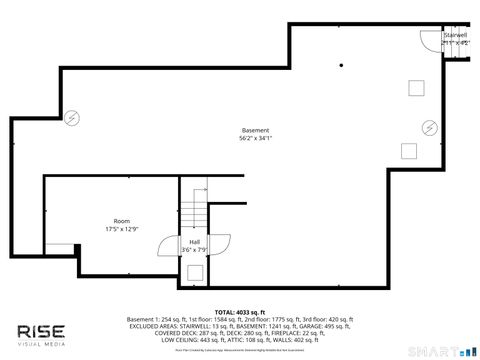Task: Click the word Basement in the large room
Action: point(255,131)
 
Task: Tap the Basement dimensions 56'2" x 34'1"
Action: point(255,139)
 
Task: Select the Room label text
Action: point(121,221)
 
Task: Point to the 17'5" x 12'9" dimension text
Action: point(121,229)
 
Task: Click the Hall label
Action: point(194,241)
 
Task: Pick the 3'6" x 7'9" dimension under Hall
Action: point(194,249)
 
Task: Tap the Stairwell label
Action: point(456,35)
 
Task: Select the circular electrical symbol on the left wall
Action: point(71,117)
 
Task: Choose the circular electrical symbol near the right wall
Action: point(429,127)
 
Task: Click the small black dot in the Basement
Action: point(341,65)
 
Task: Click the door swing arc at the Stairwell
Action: point(426,40)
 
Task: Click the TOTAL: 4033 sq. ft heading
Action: point(239,311)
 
